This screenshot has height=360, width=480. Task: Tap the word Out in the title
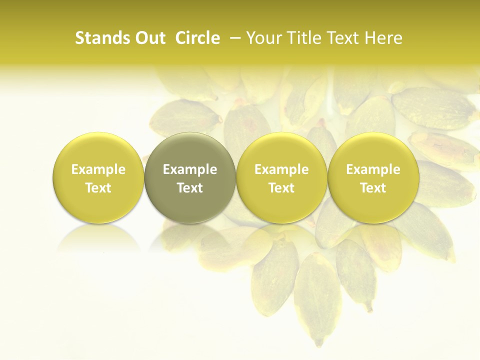point(148,38)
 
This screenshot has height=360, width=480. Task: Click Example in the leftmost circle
point(98,169)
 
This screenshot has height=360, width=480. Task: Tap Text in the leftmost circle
point(98,188)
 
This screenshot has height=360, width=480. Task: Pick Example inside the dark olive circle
point(190,169)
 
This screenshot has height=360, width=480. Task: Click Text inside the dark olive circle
point(190,188)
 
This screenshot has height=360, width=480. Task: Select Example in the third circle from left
point(281,169)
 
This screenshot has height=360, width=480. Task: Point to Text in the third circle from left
point(281,188)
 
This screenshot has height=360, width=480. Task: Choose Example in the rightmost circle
point(373,169)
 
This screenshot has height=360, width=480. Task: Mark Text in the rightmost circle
point(373,188)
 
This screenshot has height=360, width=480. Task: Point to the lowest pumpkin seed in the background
point(318,300)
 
